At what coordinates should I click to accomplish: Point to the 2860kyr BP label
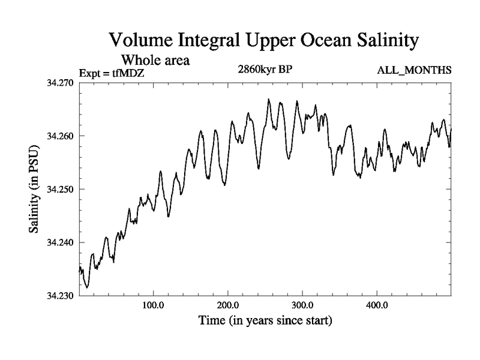tap(265, 68)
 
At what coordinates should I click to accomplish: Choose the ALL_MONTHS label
tap(414, 71)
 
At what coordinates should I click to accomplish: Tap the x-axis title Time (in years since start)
tap(265, 321)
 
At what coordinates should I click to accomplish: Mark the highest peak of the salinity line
tap(269, 99)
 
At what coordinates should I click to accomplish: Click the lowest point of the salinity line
tap(87, 287)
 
